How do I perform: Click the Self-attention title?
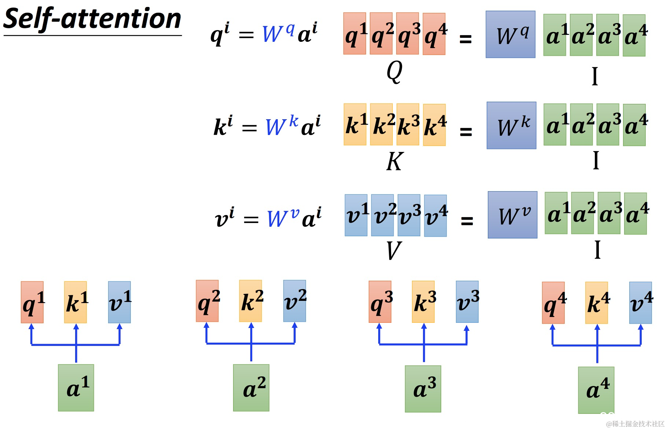point(92,19)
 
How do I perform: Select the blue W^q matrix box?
point(510,34)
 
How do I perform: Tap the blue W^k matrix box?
point(511,125)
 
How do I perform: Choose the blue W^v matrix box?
point(512,215)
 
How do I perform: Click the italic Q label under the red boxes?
point(394,71)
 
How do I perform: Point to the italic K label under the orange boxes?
point(394,161)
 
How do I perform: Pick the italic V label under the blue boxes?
point(394,251)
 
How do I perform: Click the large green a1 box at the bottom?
point(76,387)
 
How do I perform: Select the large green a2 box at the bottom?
point(251,387)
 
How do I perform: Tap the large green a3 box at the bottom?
point(423,389)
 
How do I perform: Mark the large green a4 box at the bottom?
point(596,390)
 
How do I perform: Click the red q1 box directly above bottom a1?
point(32,302)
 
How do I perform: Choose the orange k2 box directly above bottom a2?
point(251,301)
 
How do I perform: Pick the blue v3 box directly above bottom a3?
point(467,302)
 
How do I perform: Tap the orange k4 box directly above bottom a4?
point(597,303)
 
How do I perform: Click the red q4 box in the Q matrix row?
point(434,34)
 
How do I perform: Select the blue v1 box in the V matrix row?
point(356,215)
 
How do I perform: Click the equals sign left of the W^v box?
point(467,221)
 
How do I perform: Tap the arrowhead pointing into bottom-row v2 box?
point(295,326)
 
